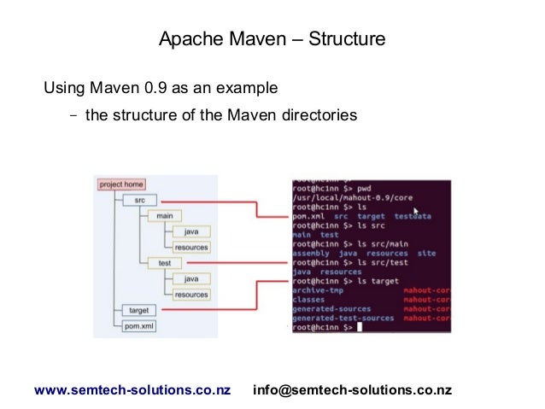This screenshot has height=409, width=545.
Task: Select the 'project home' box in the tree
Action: [121, 184]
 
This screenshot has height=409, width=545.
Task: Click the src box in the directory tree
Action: [138, 200]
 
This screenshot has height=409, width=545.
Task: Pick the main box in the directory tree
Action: [164, 216]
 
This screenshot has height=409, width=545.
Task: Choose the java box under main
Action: [190, 231]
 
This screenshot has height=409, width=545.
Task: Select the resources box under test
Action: [190, 295]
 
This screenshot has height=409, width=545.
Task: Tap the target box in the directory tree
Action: [138, 311]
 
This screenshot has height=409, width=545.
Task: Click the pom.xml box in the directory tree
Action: [138, 326]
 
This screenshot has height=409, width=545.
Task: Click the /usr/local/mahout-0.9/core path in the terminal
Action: [353, 196]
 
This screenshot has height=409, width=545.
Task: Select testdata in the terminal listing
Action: [413, 217]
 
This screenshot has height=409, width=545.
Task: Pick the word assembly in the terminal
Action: [312, 254]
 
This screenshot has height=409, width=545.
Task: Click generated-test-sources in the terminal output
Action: [343, 318]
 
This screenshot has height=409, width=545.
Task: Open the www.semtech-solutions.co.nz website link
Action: [132, 390]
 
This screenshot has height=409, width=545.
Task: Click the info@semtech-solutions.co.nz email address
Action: [353, 390]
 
